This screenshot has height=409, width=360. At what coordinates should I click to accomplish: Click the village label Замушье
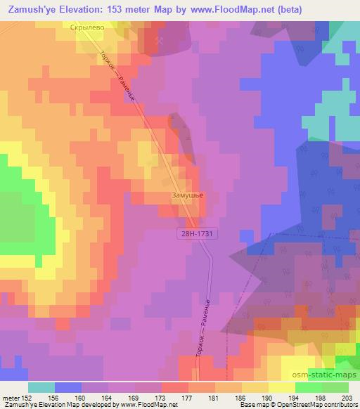point(186,197)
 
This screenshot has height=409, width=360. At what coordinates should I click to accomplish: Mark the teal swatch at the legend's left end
point(41,387)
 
